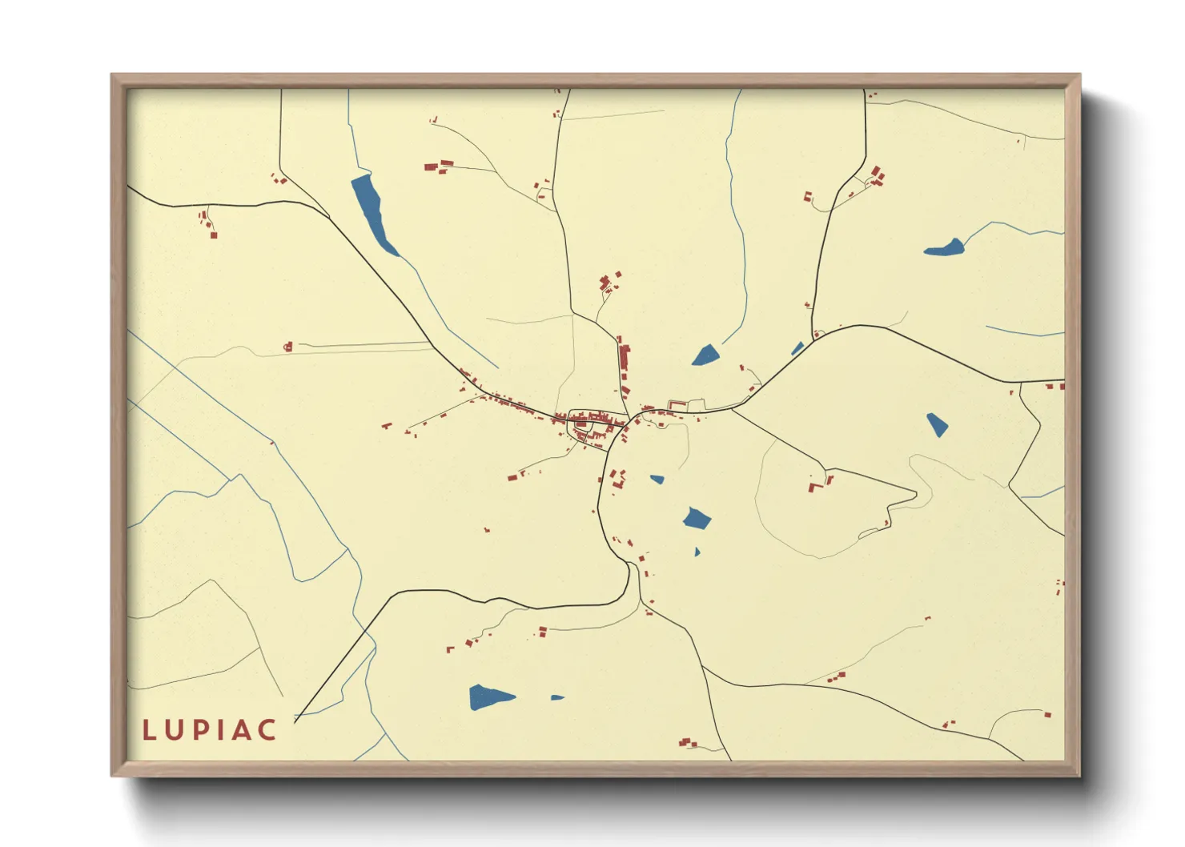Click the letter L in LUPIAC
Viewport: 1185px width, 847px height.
(150, 729)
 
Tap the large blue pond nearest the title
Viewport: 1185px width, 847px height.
(488, 696)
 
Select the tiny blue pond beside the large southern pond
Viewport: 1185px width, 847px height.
(557, 697)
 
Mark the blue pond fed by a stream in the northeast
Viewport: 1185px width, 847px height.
(946, 248)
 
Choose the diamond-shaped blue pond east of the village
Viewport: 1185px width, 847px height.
(937, 424)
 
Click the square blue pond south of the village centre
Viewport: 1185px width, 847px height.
(697, 519)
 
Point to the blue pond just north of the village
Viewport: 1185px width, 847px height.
(705, 355)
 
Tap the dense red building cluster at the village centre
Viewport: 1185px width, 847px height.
(592, 420)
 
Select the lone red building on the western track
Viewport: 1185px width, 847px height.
(289, 347)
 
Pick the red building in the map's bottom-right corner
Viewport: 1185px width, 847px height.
(1047, 714)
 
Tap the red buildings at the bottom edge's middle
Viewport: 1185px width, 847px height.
(687, 743)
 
